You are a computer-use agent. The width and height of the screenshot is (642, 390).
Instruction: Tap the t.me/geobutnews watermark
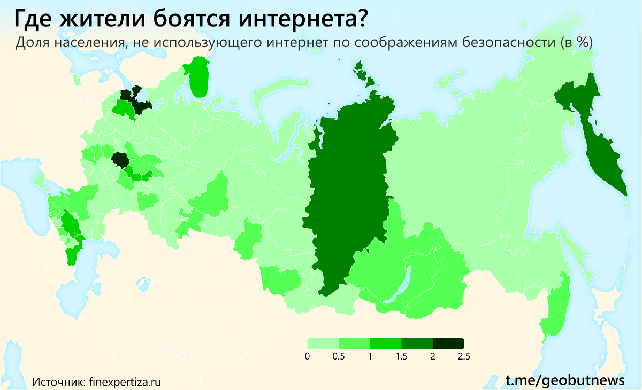(x=565, y=380)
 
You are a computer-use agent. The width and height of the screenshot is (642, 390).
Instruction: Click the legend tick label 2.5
(x=463, y=357)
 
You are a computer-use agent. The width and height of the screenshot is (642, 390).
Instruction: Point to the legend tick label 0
(x=308, y=357)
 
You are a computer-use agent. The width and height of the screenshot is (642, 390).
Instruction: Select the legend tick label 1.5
(x=401, y=357)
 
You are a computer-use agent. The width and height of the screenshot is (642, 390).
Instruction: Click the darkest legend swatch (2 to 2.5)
(x=448, y=344)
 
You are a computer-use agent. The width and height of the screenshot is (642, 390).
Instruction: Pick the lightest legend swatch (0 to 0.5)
(x=323, y=344)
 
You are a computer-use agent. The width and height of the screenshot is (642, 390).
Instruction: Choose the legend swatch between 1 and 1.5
(x=386, y=344)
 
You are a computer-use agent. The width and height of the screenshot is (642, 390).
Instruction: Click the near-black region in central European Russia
(x=119, y=159)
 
